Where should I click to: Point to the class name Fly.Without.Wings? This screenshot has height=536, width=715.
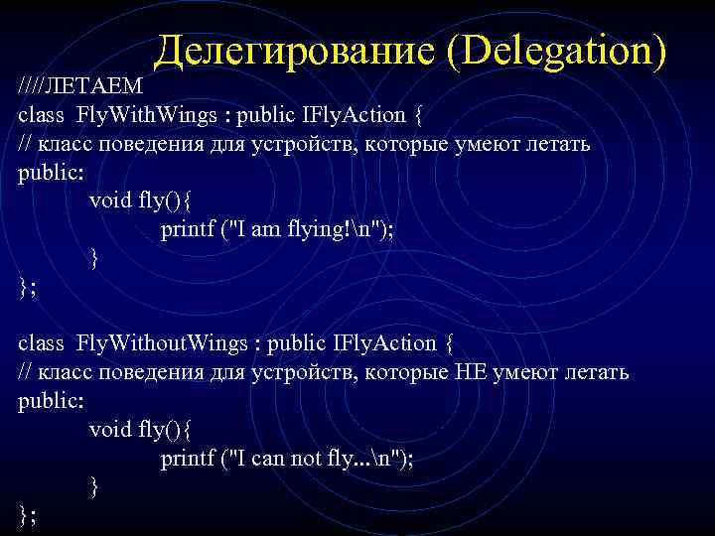(x=164, y=343)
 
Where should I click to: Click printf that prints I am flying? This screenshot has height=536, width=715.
(x=189, y=230)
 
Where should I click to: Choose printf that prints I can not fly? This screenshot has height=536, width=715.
(x=189, y=459)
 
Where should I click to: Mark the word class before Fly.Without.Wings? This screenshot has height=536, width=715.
(x=41, y=343)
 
